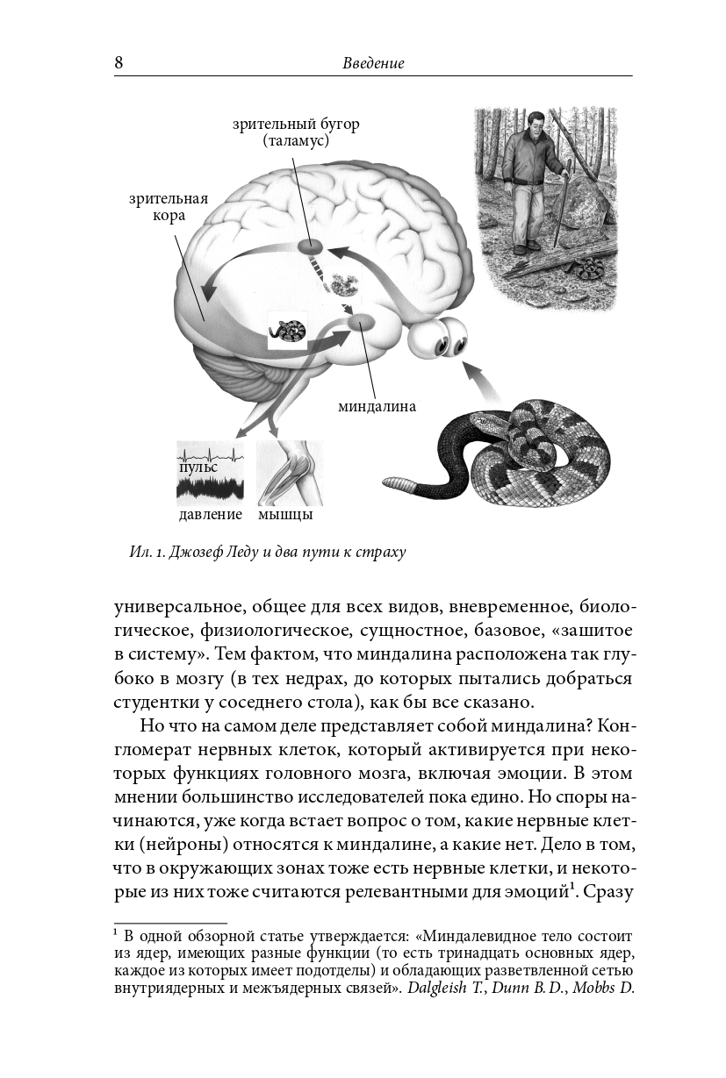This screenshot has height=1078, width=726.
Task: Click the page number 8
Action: point(119,63)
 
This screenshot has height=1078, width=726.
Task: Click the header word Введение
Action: point(373,64)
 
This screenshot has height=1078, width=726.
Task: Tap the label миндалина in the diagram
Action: point(377,407)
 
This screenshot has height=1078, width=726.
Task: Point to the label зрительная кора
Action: point(169,207)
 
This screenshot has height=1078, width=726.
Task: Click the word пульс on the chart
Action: point(198,468)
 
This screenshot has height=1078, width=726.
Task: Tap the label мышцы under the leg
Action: point(285,514)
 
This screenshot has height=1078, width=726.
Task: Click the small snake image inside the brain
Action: point(287,332)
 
